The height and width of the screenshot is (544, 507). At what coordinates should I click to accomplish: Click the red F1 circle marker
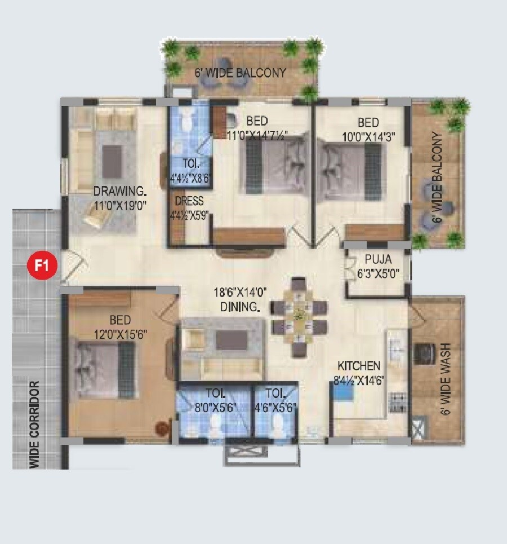point(43,264)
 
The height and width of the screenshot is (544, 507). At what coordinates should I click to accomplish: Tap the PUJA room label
point(378,259)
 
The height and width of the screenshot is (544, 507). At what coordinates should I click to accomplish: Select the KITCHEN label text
point(359,366)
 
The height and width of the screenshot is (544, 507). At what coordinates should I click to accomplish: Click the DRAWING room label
point(120,190)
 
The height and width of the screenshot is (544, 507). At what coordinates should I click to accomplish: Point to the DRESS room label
point(189,201)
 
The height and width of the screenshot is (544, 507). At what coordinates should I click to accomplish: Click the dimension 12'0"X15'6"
point(121,334)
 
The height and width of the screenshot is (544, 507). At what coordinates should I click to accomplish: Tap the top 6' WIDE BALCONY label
point(241,73)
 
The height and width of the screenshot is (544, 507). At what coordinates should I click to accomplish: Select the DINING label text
point(240,307)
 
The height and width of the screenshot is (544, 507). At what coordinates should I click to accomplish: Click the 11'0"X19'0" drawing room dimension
point(120,205)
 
